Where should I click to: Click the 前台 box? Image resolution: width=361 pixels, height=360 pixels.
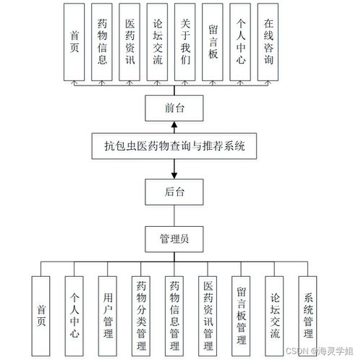(174, 108)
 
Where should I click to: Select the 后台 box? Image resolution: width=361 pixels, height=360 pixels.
(174, 191)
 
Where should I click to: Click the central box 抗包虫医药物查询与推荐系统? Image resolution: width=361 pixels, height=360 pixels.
(174, 146)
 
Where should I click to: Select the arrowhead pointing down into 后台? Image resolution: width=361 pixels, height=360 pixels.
(174, 175)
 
